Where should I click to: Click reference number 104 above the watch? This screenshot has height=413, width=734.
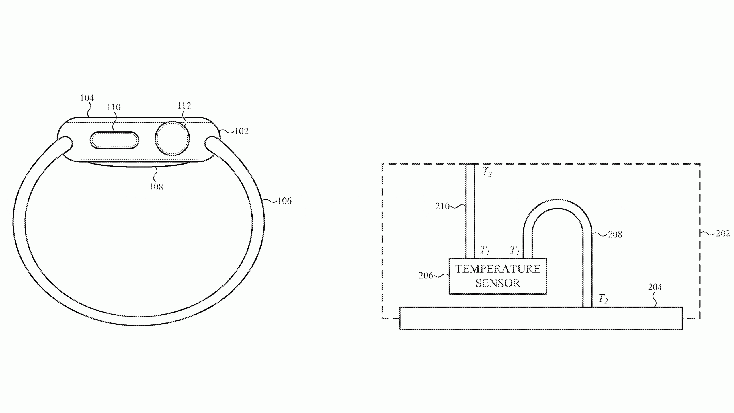pyautogui.click(x=87, y=98)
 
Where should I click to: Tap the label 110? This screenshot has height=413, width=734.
pyautogui.click(x=114, y=107)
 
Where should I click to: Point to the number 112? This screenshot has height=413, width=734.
pyautogui.click(x=184, y=106)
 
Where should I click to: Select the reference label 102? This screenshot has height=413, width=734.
pyautogui.click(x=241, y=131)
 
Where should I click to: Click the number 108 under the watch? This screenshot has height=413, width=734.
pyautogui.click(x=156, y=187)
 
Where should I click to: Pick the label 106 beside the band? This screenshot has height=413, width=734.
pyautogui.click(x=284, y=201)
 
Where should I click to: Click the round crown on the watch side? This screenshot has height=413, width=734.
pyautogui.click(x=172, y=139)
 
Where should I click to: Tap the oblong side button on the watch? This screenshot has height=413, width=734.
pyautogui.click(x=114, y=141)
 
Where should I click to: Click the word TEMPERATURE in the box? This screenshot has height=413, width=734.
pyautogui.click(x=498, y=269)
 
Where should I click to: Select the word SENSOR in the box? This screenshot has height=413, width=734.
pyautogui.click(x=498, y=283)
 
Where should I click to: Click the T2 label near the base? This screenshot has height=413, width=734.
pyautogui.click(x=603, y=299)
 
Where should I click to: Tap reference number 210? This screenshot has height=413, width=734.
pyautogui.click(x=442, y=206)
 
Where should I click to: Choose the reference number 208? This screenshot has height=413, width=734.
pyautogui.click(x=615, y=235)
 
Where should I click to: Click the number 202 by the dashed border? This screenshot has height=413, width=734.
pyautogui.click(x=723, y=233)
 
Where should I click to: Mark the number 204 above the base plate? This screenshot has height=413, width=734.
pyautogui.click(x=655, y=287)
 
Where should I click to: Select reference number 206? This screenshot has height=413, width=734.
pyautogui.click(x=425, y=276)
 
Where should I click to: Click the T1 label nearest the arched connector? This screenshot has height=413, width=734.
pyautogui.click(x=515, y=250)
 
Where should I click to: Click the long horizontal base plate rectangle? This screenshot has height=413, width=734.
pyautogui.click(x=541, y=318)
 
